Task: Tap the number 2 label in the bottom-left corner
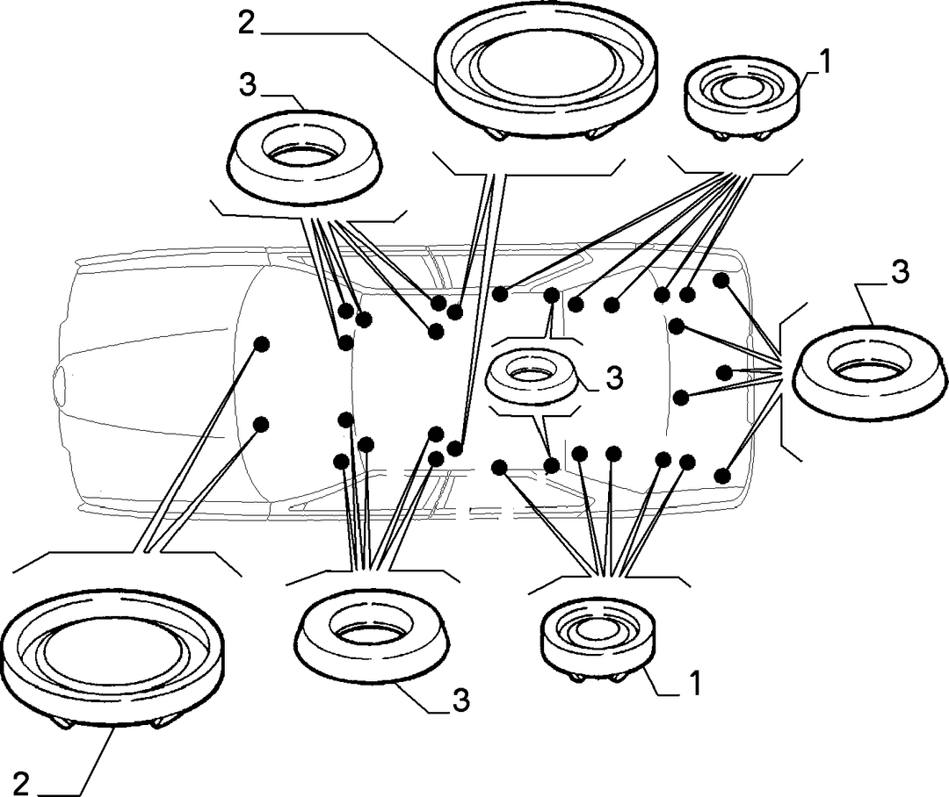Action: click(20, 785)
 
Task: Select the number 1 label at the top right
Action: click(825, 62)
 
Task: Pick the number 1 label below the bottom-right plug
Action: click(695, 683)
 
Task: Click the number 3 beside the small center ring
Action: click(613, 379)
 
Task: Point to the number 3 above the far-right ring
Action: click(901, 272)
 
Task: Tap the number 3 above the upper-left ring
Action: click(248, 85)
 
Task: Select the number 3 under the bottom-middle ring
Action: click(460, 700)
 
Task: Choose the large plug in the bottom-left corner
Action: click(113, 660)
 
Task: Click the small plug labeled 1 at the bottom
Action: click(598, 641)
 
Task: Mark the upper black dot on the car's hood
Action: click(261, 343)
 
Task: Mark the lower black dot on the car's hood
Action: click(261, 424)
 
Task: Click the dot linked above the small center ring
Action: click(551, 295)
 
